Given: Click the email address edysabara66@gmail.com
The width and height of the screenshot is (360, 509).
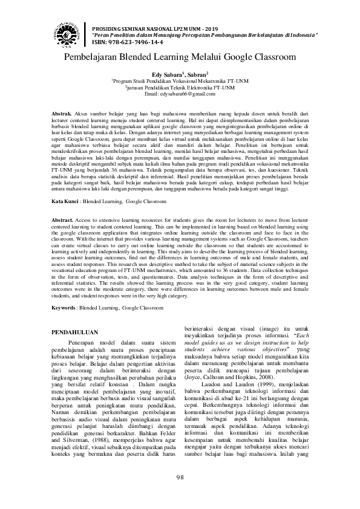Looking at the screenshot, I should tap(180, 94).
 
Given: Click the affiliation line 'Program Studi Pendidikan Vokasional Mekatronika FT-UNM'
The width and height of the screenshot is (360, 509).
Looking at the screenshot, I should tap(181, 80).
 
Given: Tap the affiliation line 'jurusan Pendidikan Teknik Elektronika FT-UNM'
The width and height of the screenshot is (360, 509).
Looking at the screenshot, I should tap(181, 88).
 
